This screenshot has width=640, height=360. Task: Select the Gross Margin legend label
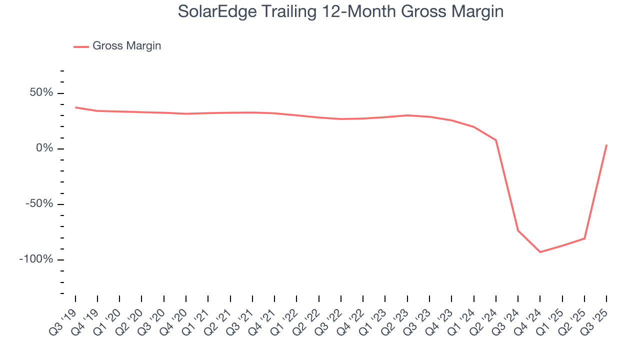127,46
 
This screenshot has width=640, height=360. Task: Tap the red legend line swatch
81,46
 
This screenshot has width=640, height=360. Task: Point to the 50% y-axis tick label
41,93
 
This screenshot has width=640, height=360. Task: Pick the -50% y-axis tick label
39,204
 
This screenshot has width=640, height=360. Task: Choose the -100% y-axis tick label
36,259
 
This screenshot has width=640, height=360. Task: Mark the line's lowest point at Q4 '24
540,252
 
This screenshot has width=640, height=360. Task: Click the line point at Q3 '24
518,230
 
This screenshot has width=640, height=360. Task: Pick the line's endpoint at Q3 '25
606,145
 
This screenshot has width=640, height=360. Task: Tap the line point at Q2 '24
496,140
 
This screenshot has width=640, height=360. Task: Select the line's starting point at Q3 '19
75,107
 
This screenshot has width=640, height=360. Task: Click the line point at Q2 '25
584,238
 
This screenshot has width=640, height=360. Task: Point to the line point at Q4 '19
97,111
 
